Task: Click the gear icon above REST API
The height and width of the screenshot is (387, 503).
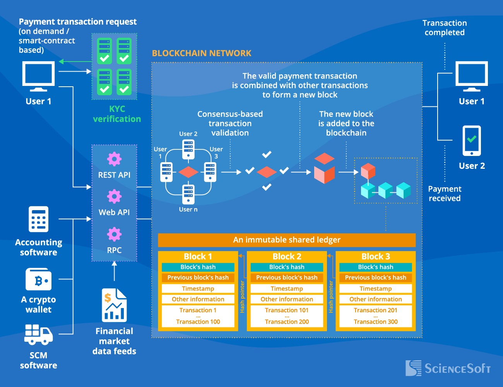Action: pos(114,159)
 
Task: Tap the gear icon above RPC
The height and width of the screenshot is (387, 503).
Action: pos(114,234)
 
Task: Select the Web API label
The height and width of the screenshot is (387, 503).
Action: pos(114,212)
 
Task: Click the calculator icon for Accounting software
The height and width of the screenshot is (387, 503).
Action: pos(39,219)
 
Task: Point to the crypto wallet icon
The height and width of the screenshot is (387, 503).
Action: pos(38,279)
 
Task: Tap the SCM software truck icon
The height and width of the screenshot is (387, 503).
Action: pos(38,335)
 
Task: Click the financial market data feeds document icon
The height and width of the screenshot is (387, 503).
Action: pos(114,305)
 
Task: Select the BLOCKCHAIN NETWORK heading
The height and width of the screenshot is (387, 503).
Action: pos(202,53)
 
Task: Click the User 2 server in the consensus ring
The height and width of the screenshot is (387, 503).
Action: pos(188,149)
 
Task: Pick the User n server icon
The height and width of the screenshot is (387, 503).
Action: pos(188,195)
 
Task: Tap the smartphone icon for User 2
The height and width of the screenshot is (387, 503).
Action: pos(472,140)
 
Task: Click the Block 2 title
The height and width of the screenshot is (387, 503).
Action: pos(287,257)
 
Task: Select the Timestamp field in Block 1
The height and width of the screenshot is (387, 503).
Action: pos(198,289)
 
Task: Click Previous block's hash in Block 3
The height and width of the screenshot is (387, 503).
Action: pos(375,277)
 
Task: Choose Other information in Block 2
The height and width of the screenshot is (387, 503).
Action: pos(287,299)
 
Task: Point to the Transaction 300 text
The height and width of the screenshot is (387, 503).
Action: pos(375,322)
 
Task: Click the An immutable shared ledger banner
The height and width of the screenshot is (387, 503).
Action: pos(287,240)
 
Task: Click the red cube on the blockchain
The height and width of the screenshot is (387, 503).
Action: pos(368,170)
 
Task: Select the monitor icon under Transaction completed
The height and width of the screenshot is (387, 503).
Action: pos(472,76)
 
